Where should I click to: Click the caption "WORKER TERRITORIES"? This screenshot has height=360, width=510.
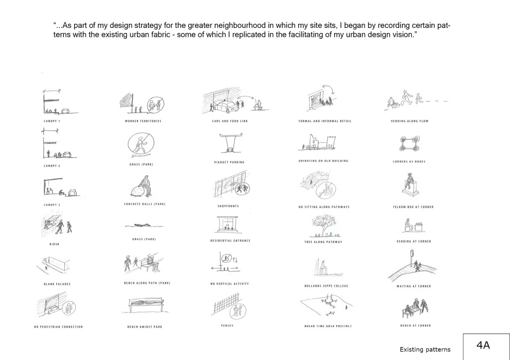(142, 121)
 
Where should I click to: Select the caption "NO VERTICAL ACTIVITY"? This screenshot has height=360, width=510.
(230, 284)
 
